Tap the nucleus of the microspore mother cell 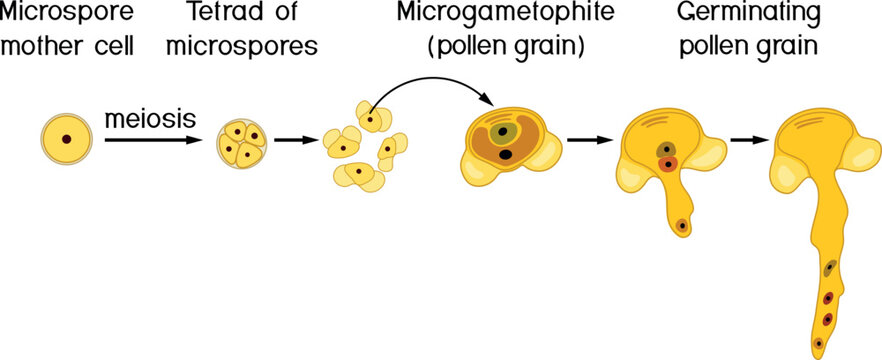point(66,140)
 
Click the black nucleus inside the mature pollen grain point(507,154)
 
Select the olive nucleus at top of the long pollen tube point(830,268)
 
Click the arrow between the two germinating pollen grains point(746,140)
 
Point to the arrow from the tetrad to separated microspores point(290,140)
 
